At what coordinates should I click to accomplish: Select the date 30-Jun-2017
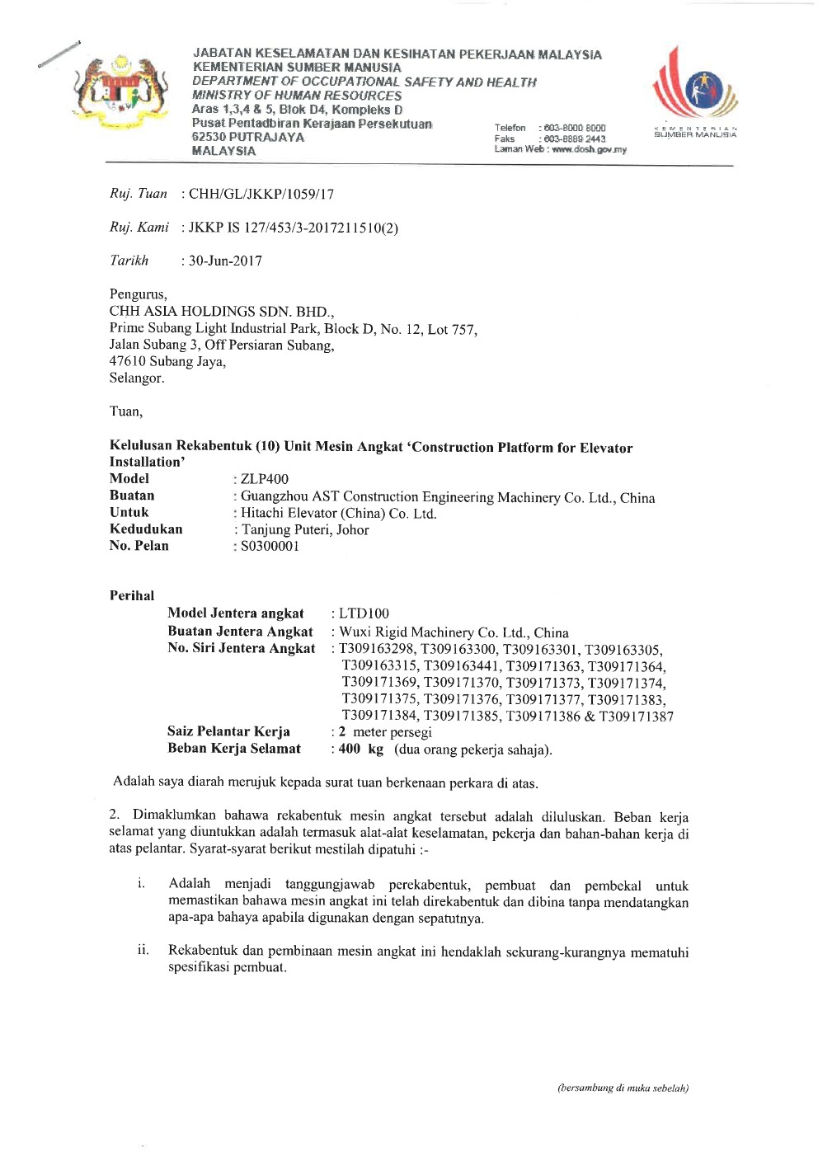[225, 261]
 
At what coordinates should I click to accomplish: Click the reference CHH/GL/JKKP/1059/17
[261, 194]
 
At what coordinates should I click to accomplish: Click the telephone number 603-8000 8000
[575, 128]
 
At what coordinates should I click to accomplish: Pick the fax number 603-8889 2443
[575, 139]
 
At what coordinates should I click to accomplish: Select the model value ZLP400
[265, 479]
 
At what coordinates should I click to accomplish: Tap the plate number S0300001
[270, 546]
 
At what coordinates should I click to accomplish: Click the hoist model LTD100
[364, 613]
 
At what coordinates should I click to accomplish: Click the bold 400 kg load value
[361, 749]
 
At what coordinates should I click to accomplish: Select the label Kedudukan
[146, 529]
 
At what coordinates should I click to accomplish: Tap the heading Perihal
[132, 595]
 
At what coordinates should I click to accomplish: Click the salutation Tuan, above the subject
[126, 411]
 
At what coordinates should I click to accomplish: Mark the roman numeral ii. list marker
[143, 950]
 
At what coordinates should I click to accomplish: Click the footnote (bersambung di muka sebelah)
[623, 1088]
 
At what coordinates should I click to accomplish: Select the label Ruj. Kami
[139, 227]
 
